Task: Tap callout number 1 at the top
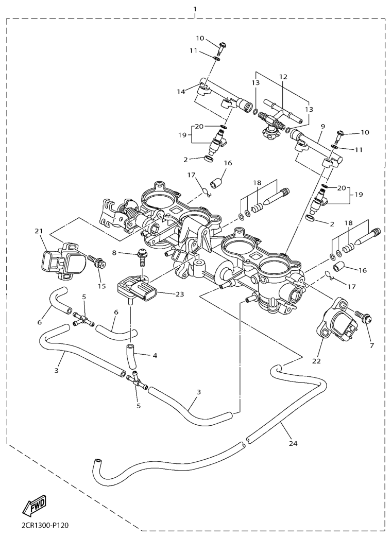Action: tap(195, 9)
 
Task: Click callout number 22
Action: tap(316, 361)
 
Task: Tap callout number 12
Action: tap(283, 77)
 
